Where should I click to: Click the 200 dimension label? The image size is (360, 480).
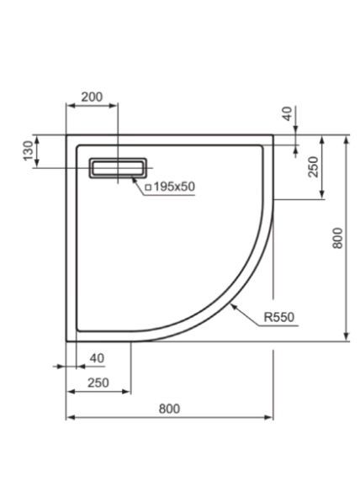[x=92, y=97]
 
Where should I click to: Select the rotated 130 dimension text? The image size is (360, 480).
[x=29, y=150]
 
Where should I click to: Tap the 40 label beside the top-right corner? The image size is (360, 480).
[x=287, y=113]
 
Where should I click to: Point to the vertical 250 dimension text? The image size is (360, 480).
[x=314, y=166]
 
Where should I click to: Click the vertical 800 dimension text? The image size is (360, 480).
[x=337, y=238]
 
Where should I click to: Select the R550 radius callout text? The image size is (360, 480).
[x=279, y=317]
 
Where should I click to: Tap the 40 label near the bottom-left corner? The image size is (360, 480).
[x=97, y=358]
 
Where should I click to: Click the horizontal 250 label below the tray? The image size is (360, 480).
[x=98, y=382]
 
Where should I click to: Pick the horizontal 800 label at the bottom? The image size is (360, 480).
[x=169, y=409]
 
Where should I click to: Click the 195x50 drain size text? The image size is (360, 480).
[x=174, y=187]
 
